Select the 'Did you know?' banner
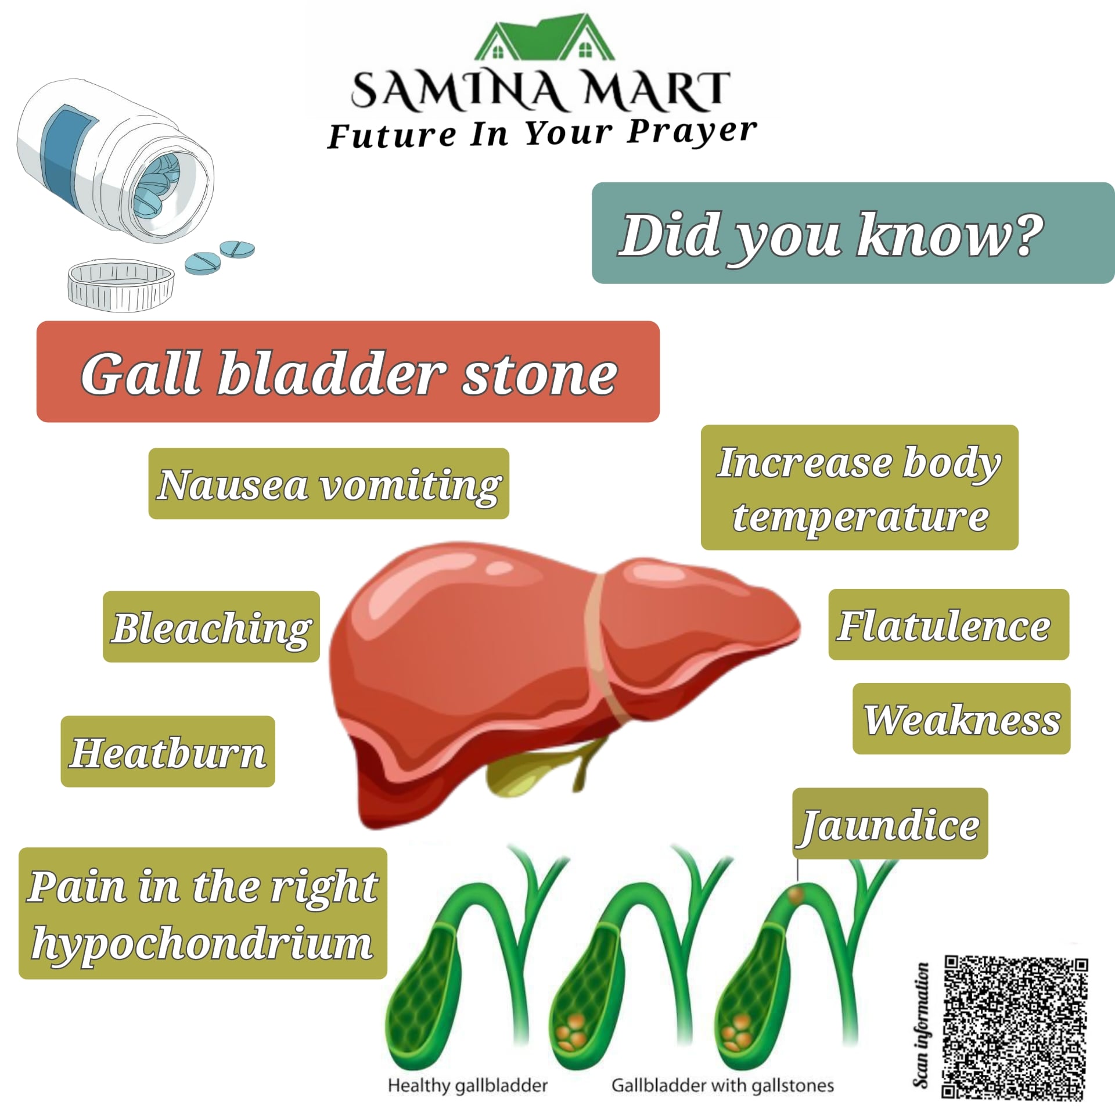tap(853, 233)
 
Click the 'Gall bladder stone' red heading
tap(348, 372)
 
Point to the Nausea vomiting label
tap(329, 484)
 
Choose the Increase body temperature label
tap(859, 488)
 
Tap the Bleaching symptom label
tap(211, 627)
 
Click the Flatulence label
tap(948, 625)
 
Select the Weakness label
tap(961, 719)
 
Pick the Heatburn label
tap(168, 752)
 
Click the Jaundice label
tap(890, 824)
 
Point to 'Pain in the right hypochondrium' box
tap(203, 913)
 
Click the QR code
tap(1015, 1028)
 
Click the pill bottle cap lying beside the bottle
tap(121, 285)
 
